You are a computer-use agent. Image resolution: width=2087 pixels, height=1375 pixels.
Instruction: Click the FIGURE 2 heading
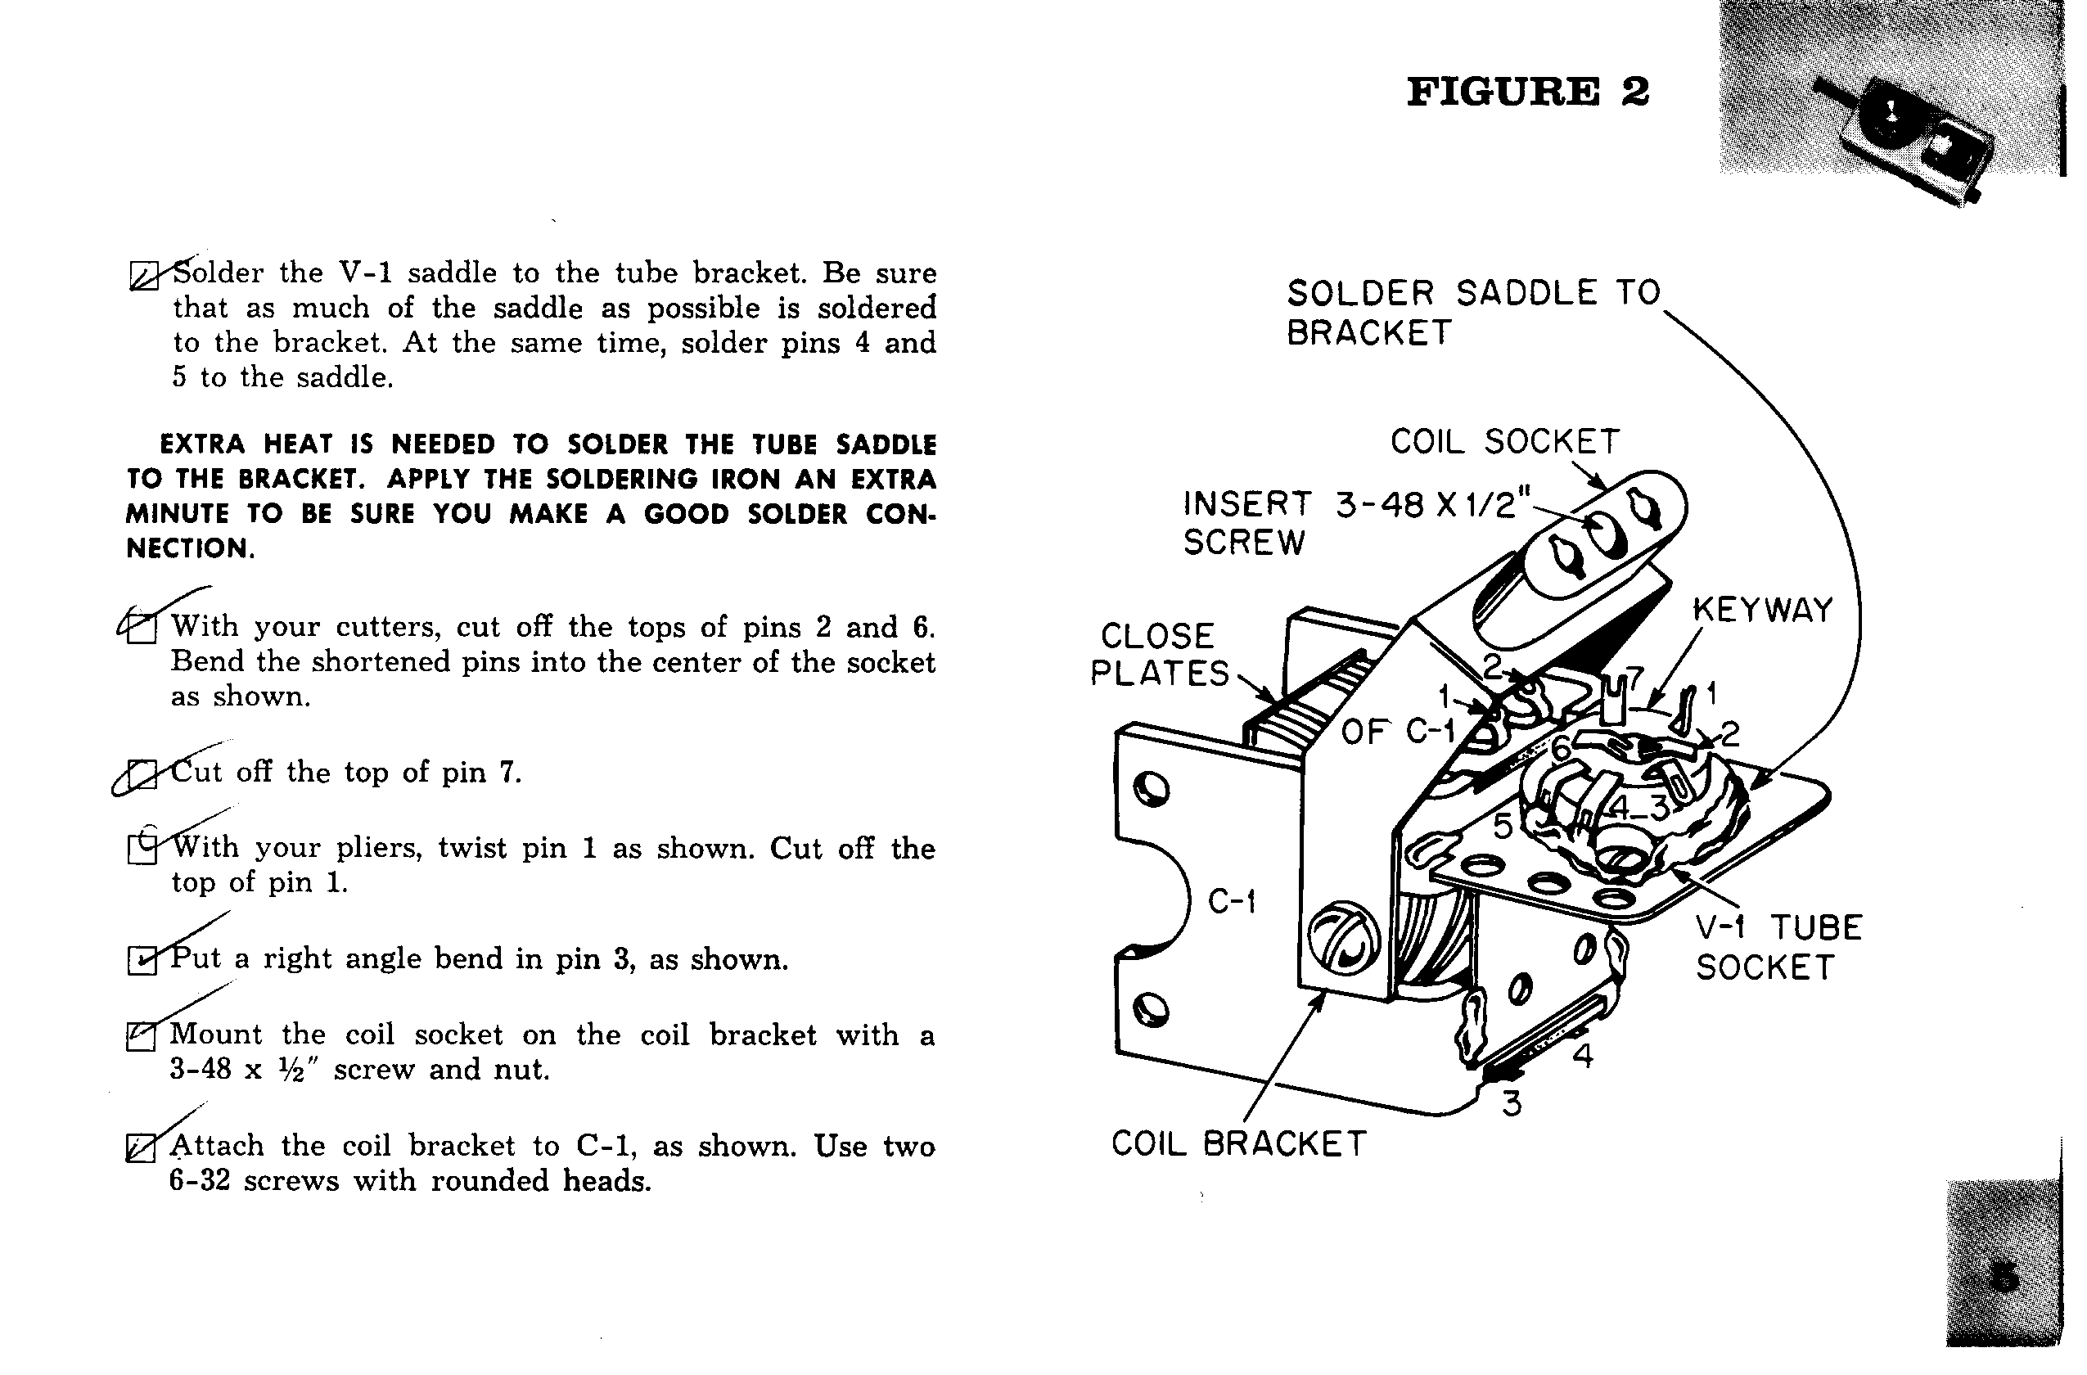click(x=1527, y=92)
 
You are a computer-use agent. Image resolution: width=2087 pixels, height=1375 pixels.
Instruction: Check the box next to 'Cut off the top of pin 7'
click(x=142, y=774)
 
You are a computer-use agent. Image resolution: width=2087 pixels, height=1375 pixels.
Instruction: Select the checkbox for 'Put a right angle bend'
click(x=141, y=961)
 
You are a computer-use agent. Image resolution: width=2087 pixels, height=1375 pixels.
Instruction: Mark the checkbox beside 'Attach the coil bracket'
click(x=140, y=1147)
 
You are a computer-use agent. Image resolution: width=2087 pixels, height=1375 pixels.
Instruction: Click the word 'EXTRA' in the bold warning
click(x=201, y=444)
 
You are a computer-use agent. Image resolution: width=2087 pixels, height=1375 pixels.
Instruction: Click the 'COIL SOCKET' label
click(x=1505, y=442)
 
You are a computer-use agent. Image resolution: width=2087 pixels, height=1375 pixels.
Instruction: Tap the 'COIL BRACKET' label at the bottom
click(x=1238, y=1144)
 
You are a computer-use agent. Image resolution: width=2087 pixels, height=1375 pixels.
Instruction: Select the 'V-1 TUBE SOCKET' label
click(x=1778, y=948)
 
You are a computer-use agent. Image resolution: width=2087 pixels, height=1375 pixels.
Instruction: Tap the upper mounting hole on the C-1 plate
click(x=1151, y=789)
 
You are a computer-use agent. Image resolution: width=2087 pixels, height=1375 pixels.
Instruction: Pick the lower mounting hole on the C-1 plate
click(x=1150, y=1010)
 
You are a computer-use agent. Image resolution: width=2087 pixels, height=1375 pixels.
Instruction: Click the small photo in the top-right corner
click(x=1890, y=101)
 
